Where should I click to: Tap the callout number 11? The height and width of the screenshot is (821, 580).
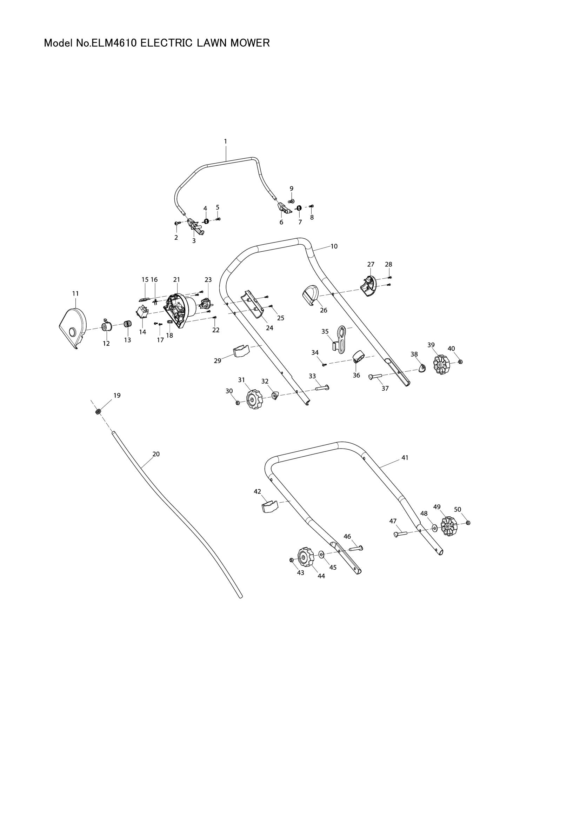point(75,293)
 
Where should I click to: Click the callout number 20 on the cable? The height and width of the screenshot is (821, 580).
point(156,454)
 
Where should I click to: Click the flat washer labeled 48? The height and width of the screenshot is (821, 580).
point(434,527)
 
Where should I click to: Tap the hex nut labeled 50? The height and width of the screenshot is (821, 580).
point(468,523)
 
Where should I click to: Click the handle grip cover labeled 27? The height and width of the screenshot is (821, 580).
point(368,287)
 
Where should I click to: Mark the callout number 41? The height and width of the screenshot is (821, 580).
point(405,457)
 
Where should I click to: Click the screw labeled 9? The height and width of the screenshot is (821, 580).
point(291,201)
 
